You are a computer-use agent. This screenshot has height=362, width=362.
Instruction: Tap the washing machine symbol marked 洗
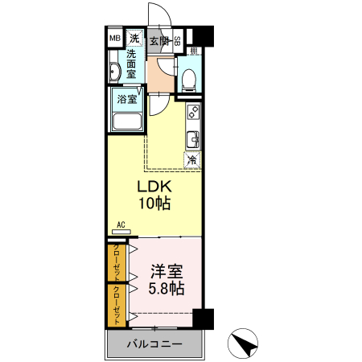pyautogui.click(x=135, y=38)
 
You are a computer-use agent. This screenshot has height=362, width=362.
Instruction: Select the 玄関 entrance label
pyautogui.click(x=158, y=40)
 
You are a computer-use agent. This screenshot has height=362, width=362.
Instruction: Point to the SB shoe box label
pyautogui.click(x=178, y=40)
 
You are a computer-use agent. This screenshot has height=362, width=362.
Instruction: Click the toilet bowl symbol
pyautogui.click(x=187, y=79)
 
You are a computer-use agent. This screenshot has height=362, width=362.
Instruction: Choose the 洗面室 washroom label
pyautogui.click(x=135, y=64)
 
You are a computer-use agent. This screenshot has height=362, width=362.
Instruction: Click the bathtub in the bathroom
pyautogui.click(x=127, y=121)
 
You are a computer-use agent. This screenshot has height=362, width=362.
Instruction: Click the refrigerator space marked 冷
pyautogui.click(x=192, y=159)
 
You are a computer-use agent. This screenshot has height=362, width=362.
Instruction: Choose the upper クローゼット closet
pyautogui.click(x=117, y=261)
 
